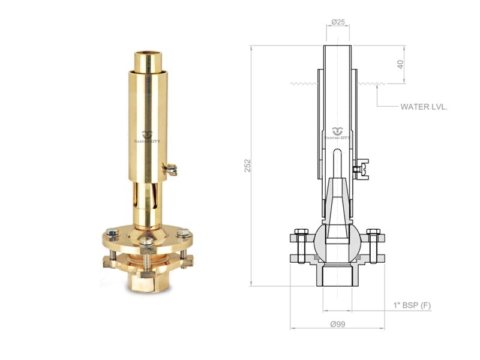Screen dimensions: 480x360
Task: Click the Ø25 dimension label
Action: point(338,22)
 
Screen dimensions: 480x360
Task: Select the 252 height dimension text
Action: point(247,166)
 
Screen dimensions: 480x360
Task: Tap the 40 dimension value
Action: point(400,64)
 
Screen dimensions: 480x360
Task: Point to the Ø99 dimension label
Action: point(338,324)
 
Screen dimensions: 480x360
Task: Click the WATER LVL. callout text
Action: point(424,107)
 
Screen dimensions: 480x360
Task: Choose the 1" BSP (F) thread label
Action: point(412,305)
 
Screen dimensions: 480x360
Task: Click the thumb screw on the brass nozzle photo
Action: point(170,169)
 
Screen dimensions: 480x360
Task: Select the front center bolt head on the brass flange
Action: point(146,242)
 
